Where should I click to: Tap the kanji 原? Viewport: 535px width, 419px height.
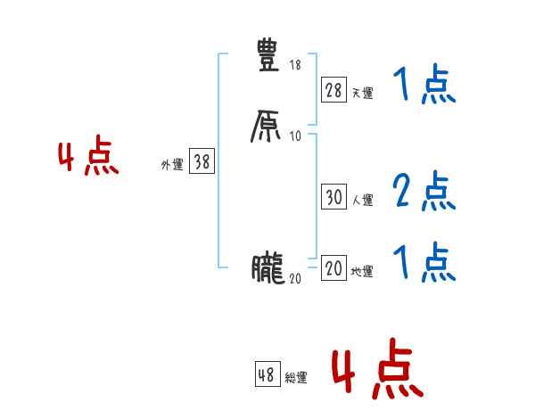pyautogui.click(x=267, y=126)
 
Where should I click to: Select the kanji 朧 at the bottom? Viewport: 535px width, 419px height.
pyautogui.click(x=267, y=267)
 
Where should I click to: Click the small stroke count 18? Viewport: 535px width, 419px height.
pyautogui.click(x=295, y=66)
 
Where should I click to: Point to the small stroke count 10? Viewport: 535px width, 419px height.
pyautogui.click(x=295, y=136)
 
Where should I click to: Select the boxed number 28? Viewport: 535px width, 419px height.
pyautogui.click(x=333, y=90)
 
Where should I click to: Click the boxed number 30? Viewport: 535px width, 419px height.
pyautogui.click(x=333, y=198)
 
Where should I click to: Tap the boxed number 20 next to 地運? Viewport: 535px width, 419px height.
pyautogui.click(x=333, y=269)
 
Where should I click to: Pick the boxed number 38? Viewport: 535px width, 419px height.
pyautogui.click(x=202, y=161)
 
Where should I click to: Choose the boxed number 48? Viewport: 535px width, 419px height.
pyautogui.click(x=266, y=375)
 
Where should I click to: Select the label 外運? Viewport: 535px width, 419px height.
pyautogui.click(x=171, y=165)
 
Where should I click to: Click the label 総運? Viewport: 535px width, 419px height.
pyautogui.click(x=296, y=379)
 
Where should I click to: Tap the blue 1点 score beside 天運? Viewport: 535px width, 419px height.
pyautogui.click(x=424, y=86)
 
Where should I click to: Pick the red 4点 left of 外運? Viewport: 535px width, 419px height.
pyautogui.click(x=88, y=159)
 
